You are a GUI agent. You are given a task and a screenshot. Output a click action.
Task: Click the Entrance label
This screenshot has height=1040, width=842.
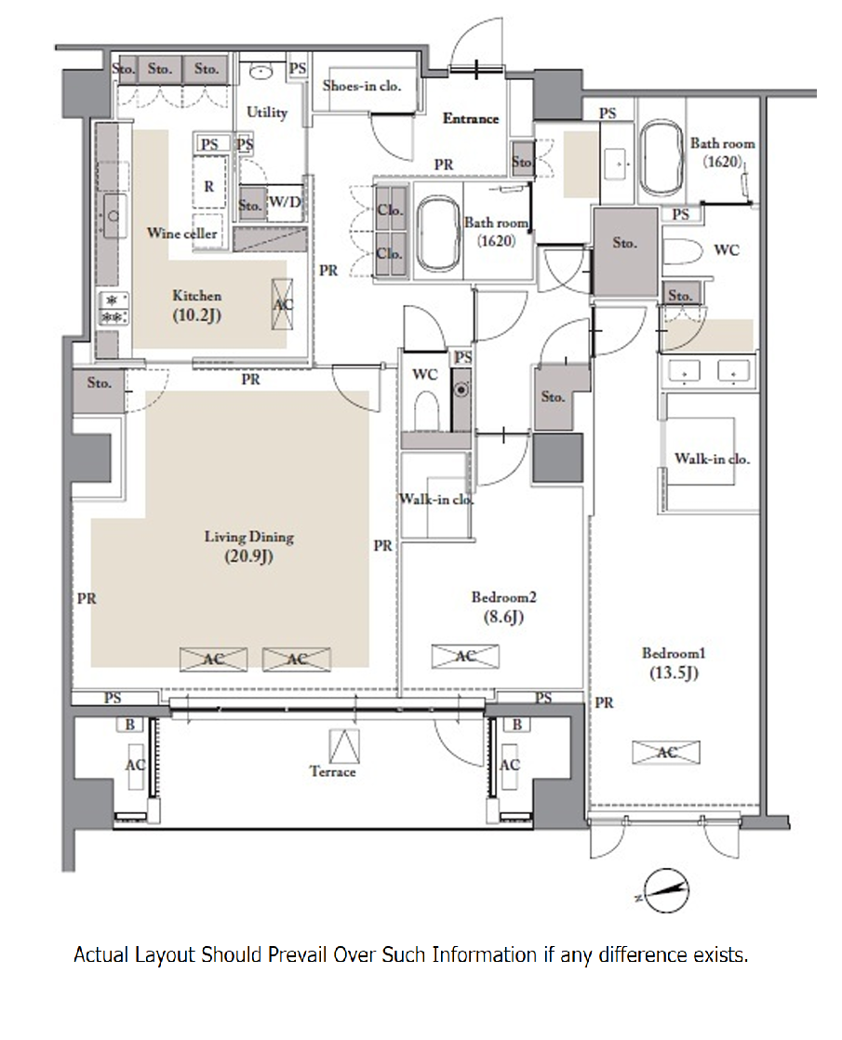click(471, 119)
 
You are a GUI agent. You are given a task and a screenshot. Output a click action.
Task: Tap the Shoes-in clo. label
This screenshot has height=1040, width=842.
click(362, 86)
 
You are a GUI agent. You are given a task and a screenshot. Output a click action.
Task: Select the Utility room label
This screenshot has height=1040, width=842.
click(267, 112)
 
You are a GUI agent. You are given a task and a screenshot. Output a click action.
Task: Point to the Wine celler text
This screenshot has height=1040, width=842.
click(181, 233)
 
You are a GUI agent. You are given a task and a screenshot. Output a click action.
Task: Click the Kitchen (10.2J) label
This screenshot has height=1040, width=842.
click(197, 305)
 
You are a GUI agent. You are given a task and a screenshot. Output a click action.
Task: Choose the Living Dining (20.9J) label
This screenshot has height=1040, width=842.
click(248, 546)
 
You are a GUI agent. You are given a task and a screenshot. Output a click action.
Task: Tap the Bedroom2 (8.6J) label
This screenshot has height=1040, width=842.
click(503, 607)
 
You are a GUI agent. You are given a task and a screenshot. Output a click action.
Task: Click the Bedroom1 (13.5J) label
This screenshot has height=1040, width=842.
click(674, 662)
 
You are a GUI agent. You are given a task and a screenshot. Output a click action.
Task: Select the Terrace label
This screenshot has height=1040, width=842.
click(332, 771)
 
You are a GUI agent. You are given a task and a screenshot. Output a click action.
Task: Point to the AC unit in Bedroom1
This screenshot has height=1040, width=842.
click(665, 752)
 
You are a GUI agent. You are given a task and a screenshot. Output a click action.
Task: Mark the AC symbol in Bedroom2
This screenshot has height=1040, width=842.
click(465, 656)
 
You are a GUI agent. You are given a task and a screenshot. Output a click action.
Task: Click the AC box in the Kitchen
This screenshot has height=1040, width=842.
click(283, 304)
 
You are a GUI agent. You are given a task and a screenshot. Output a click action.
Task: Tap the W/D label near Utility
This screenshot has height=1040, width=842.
click(286, 202)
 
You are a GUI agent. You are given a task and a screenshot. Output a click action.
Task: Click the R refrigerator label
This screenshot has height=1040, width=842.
click(209, 186)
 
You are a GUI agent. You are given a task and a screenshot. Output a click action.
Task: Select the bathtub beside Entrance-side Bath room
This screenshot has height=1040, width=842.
click(438, 233)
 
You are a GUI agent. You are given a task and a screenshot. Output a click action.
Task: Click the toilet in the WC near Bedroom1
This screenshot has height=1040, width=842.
click(683, 251)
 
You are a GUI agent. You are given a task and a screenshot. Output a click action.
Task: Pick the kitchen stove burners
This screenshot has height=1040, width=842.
click(114, 309)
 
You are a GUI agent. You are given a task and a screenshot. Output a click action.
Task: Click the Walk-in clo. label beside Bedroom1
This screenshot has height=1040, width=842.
click(712, 459)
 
